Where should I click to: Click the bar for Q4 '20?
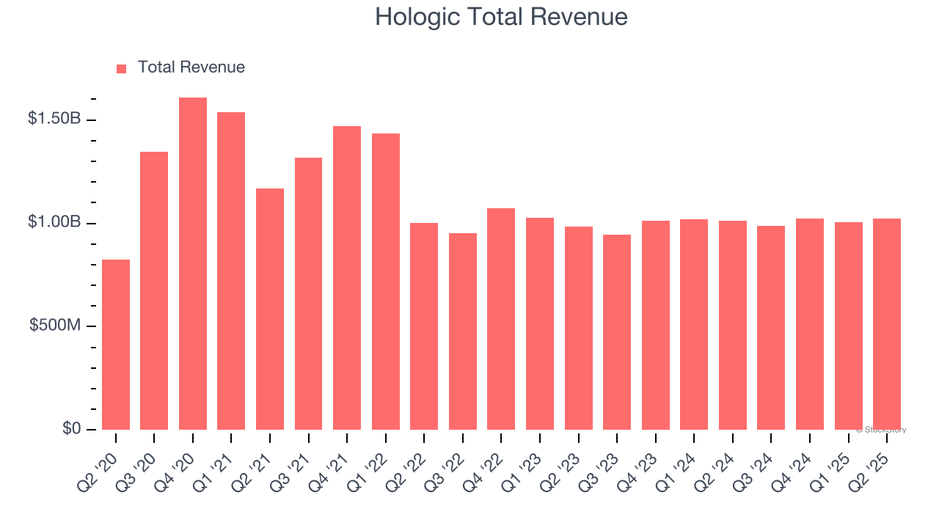click(192, 263)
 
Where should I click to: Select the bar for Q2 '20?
click(116, 345)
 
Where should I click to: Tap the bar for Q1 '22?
click(385, 282)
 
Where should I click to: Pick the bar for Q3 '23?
click(617, 332)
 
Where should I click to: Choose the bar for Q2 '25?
click(887, 324)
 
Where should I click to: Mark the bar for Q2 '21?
click(270, 309)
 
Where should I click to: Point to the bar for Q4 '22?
click(501, 319)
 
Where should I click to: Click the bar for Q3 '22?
click(463, 331)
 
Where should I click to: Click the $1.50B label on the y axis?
click(54, 119)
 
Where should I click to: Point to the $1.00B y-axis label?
click(54, 222)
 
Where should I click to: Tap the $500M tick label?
click(55, 326)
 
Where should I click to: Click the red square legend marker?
click(122, 68)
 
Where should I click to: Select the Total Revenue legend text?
click(191, 67)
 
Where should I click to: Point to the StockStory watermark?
click(881, 430)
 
